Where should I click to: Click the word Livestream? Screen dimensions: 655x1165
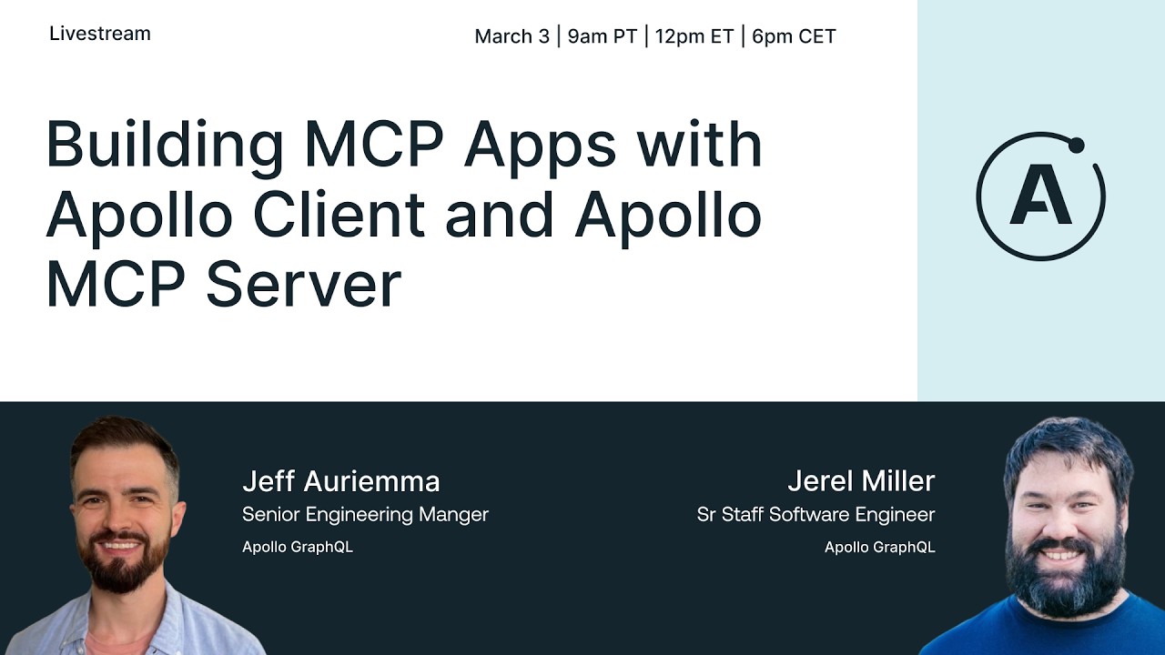pyautogui.click(x=100, y=34)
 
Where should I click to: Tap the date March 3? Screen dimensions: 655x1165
pyautogui.click(x=512, y=36)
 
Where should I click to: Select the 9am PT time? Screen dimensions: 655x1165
pyautogui.click(x=602, y=36)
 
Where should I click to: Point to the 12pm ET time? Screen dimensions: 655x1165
pyautogui.click(x=694, y=36)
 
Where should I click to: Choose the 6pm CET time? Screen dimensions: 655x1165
pyautogui.click(x=794, y=36)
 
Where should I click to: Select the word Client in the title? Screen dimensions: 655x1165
pyautogui.click(x=339, y=216)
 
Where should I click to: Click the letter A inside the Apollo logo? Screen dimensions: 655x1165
pyautogui.click(x=1040, y=197)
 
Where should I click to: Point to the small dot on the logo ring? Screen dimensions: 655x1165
pyautogui.click(x=1077, y=145)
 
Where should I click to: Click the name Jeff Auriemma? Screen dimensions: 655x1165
pyautogui.click(x=340, y=480)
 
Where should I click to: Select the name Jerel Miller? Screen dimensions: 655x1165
pyautogui.click(x=860, y=480)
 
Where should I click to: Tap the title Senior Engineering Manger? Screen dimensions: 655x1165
pyautogui.click(x=365, y=514)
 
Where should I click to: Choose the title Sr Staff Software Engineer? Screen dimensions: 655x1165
pyautogui.click(x=815, y=514)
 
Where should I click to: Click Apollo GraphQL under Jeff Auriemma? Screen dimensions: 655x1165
pyautogui.click(x=297, y=547)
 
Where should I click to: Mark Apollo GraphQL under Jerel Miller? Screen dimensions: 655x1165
pyautogui.click(x=879, y=547)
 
